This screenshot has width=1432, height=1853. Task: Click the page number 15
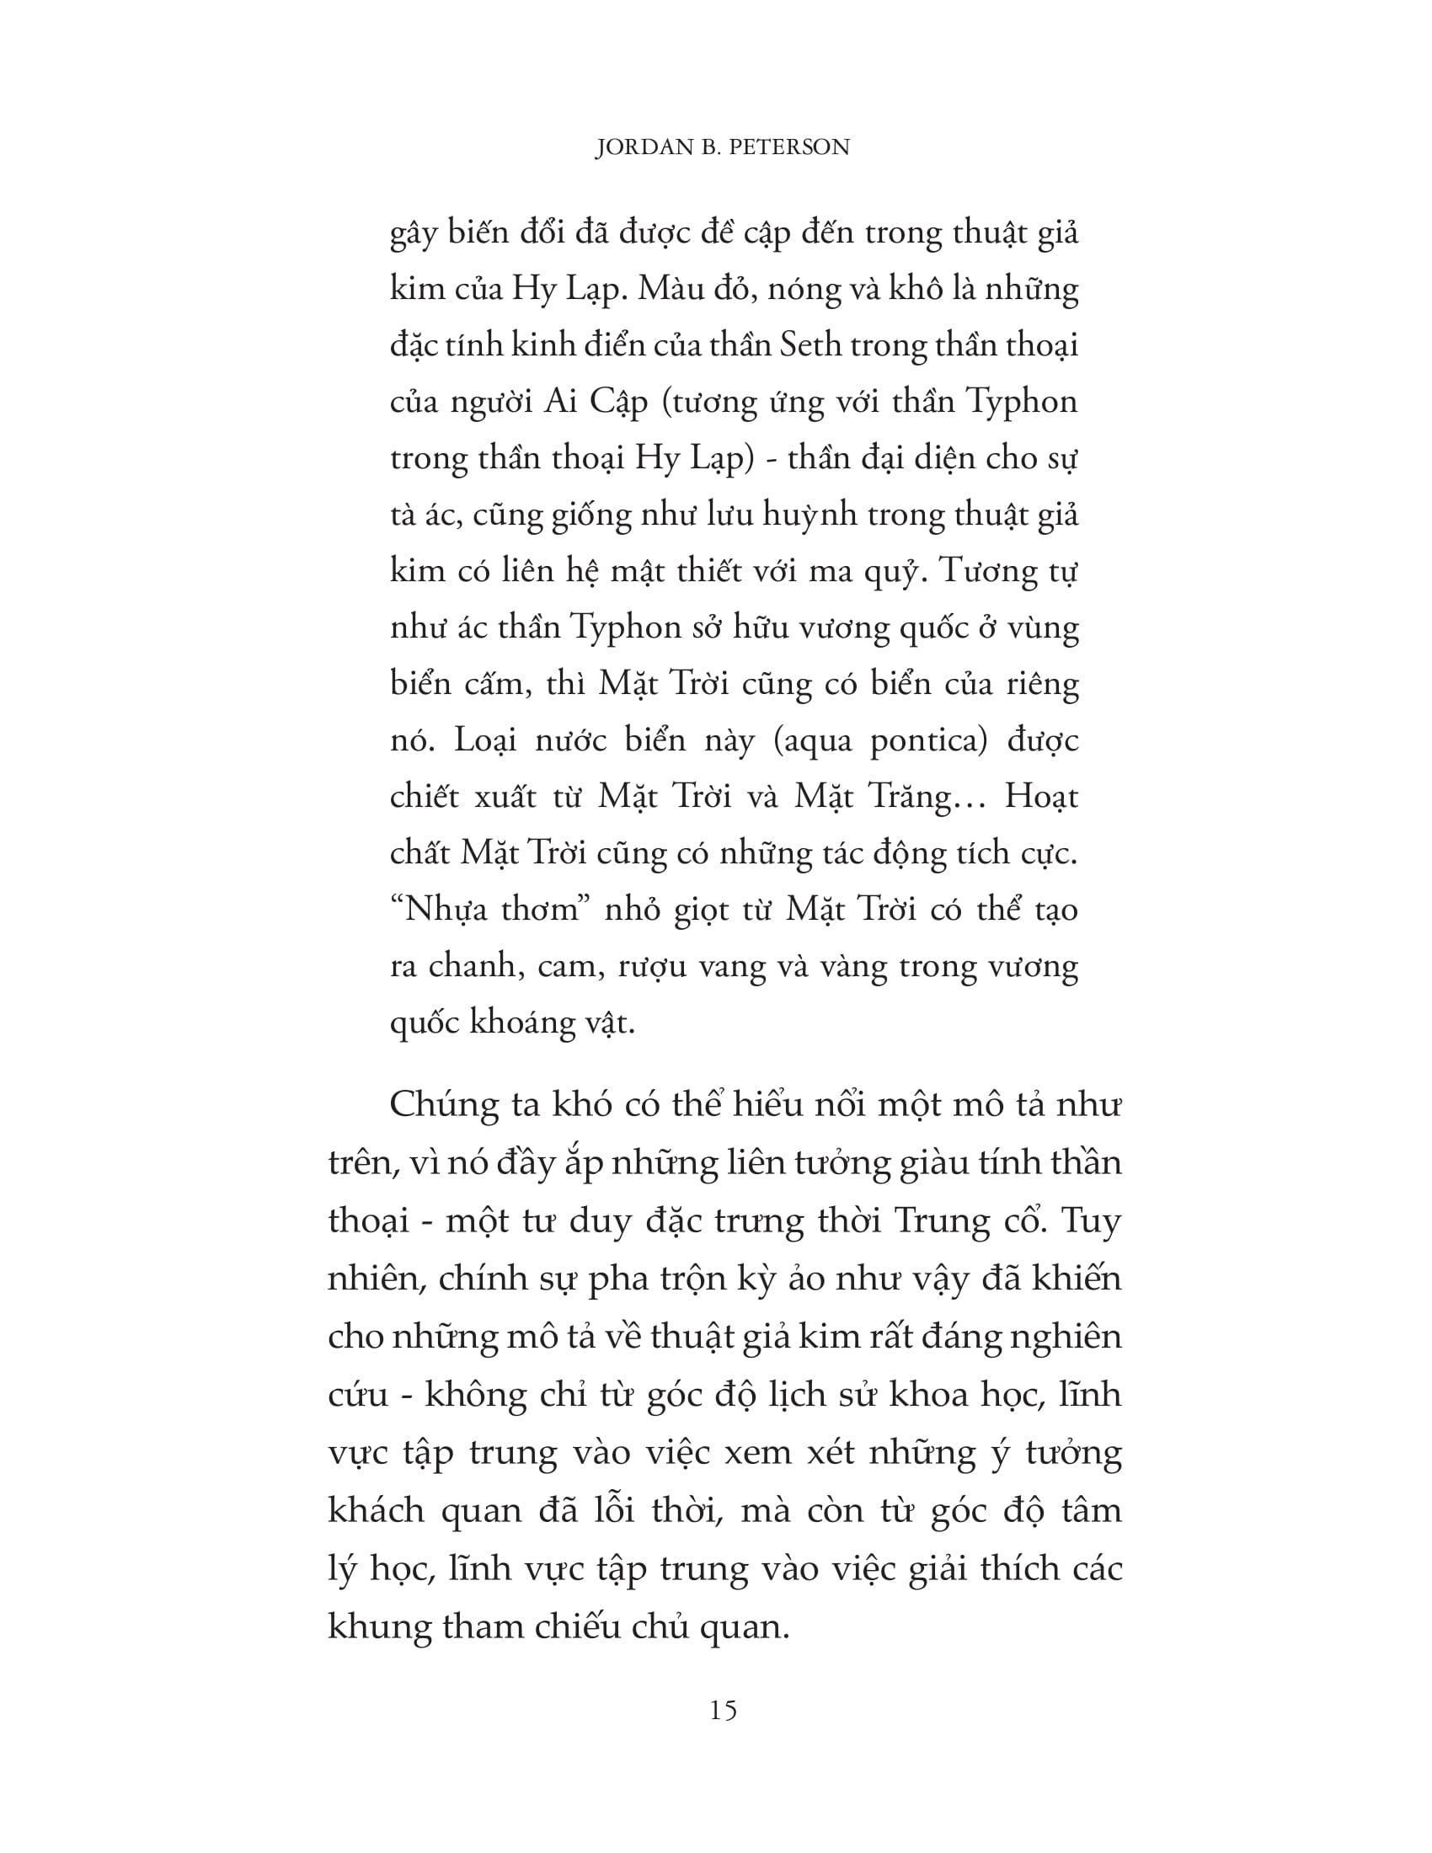(x=723, y=1711)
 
